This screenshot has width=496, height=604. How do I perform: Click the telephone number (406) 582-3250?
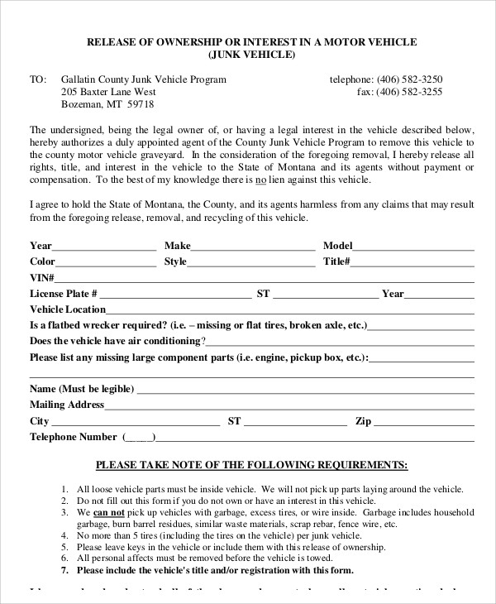tap(412, 79)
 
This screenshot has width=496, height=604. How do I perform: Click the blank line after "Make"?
tap(253, 247)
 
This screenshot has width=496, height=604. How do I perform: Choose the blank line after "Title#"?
tap(413, 263)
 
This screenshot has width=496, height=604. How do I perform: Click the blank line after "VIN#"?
tap(265, 279)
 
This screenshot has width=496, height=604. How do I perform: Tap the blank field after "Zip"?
tap(423, 422)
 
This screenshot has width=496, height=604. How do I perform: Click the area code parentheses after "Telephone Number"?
tap(138, 438)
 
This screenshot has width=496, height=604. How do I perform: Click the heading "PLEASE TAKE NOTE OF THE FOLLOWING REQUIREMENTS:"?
tap(251, 465)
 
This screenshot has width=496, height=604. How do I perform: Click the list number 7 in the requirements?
tap(65, 570)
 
